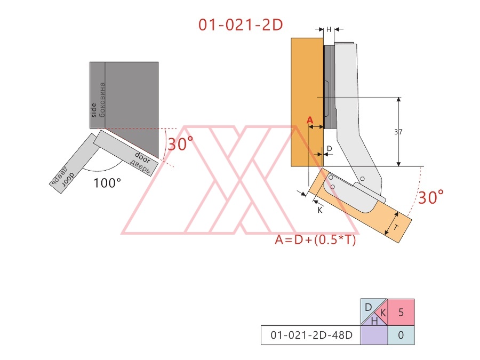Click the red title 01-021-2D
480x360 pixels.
tap(241, 25)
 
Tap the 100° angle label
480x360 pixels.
tap(107, 183)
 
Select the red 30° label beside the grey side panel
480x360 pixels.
tap(181, 143)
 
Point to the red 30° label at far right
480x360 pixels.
tap(431, 197)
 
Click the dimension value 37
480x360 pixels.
tap(398, 132)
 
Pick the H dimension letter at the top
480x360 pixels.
tap(329, 29)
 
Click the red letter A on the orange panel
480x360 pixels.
tap(310, 121)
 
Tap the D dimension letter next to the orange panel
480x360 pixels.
tap(330, 148)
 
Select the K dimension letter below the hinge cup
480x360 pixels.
tap(320, 210)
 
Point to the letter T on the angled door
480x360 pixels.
tap(396, 228)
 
